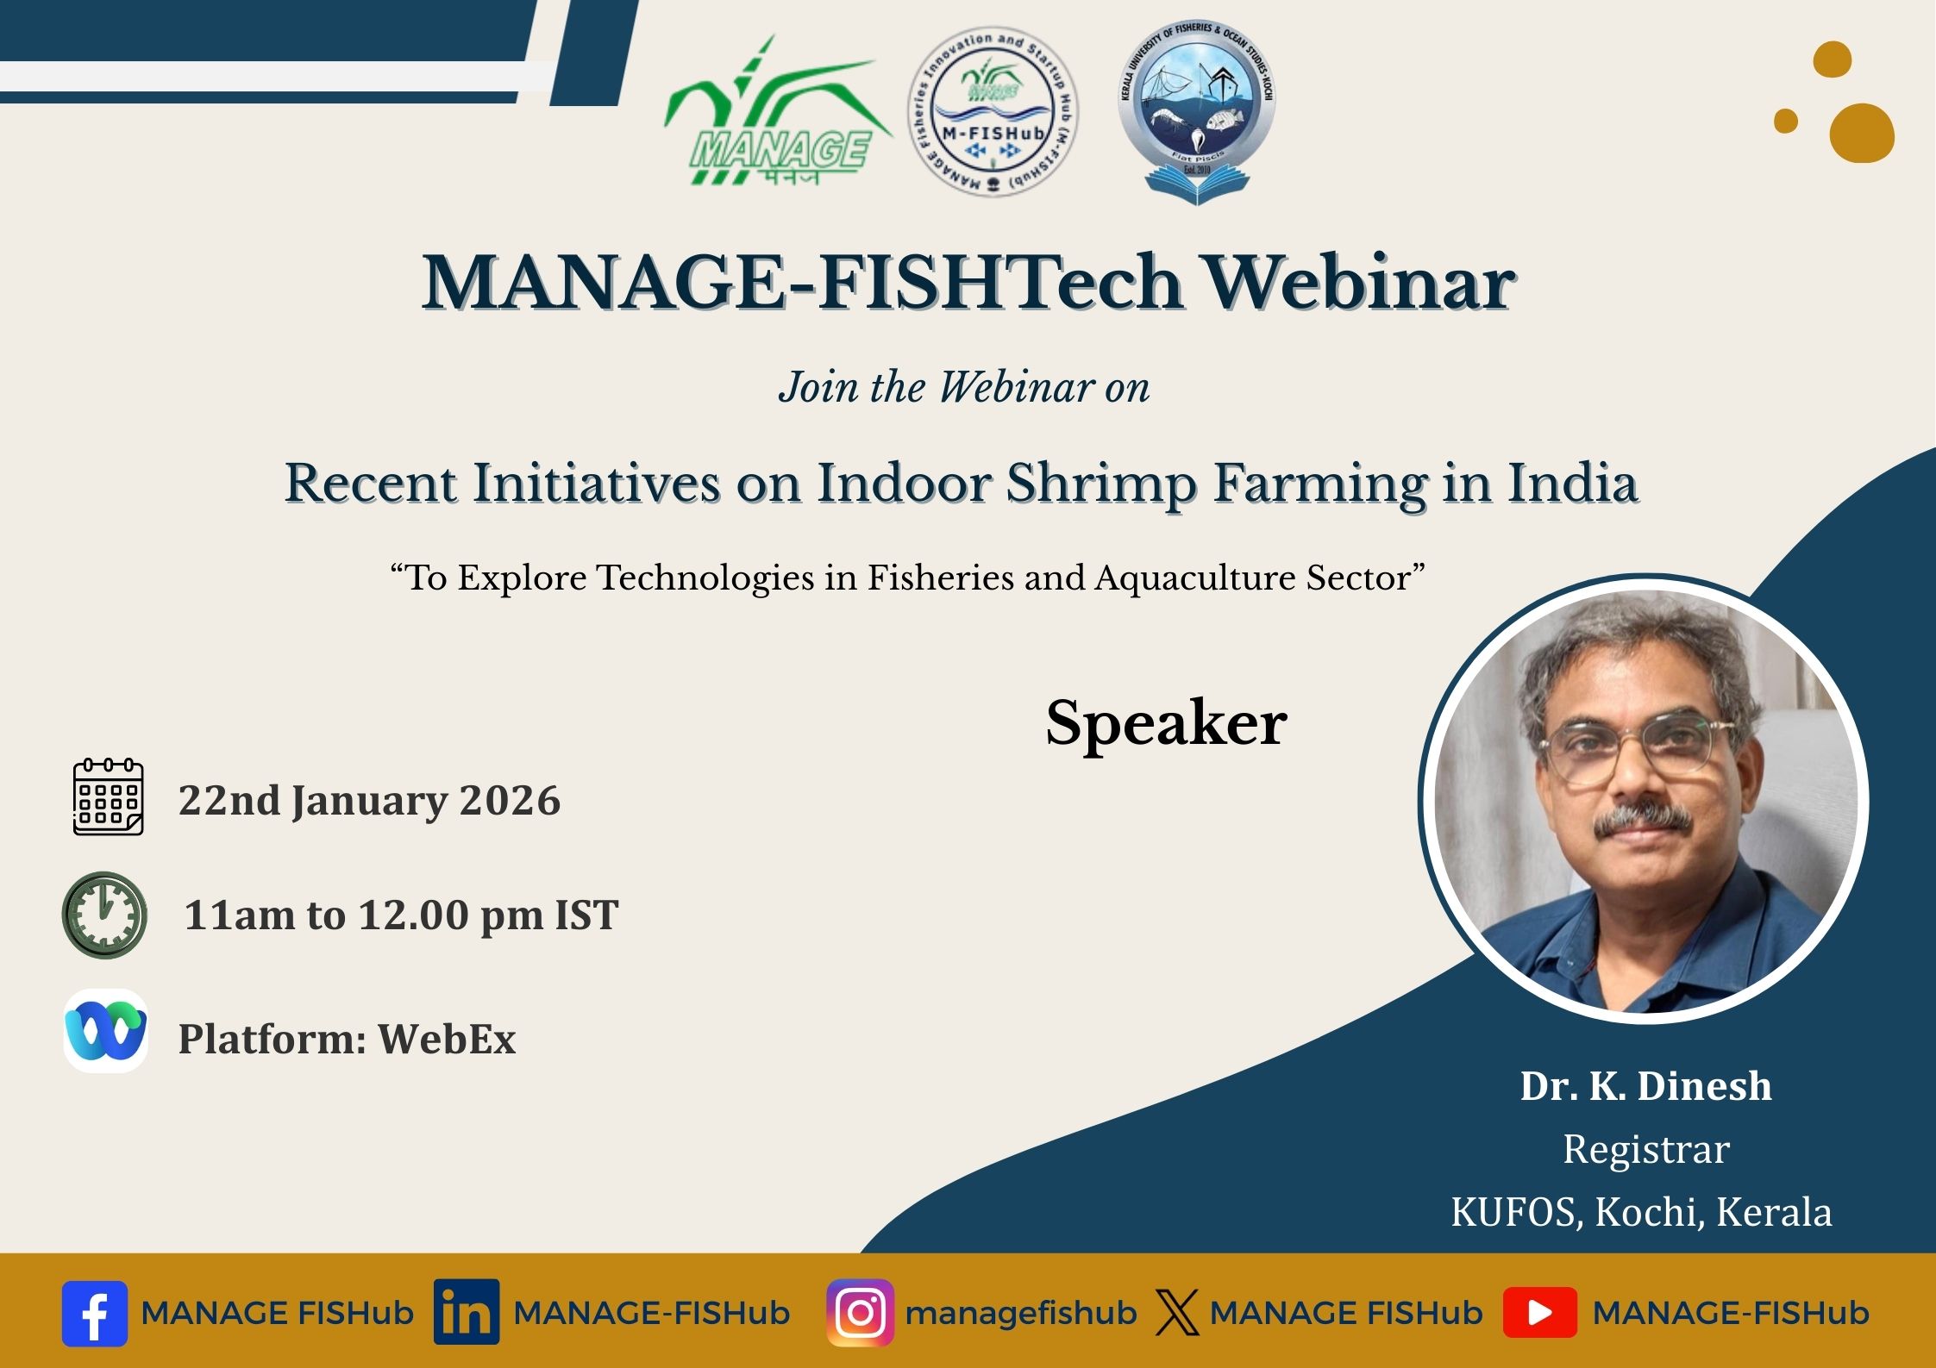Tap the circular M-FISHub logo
[993, 110]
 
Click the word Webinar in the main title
[1359, 283]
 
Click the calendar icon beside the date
[108, 796]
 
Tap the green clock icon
[104, 915]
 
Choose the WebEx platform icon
[105, 1031]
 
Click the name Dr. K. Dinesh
[1645, 1086]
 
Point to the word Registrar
[1646, 1149]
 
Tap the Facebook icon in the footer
[95, 1314]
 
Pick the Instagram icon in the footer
[860, 1313]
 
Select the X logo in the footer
[1177, 1313]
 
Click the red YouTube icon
[1540, 1313]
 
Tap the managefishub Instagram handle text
[1021, 1313]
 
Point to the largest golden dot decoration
[1862, 133]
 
